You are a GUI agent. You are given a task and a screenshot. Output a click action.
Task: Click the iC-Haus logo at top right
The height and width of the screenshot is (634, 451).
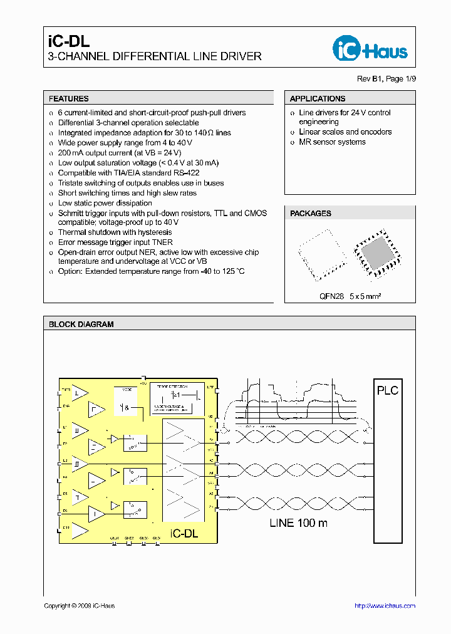370,49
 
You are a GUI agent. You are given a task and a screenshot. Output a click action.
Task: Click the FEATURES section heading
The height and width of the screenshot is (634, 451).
69,98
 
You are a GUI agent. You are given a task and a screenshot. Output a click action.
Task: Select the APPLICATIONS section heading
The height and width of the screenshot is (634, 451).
318,98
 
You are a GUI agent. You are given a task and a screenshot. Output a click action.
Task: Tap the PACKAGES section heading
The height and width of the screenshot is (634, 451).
311,214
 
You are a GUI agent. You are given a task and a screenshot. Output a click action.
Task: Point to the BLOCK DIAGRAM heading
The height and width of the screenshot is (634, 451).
81,325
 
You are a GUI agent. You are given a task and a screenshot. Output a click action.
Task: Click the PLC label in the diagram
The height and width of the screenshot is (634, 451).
387,390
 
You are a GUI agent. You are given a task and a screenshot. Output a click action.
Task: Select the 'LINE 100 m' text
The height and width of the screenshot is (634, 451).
298,522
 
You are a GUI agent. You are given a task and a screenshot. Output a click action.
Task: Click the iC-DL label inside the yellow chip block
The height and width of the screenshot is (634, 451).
184,533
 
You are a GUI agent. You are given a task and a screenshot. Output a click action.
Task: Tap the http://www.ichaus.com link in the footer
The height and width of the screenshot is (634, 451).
385,606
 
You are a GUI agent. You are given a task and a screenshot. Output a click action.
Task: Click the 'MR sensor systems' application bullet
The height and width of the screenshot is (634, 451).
332,142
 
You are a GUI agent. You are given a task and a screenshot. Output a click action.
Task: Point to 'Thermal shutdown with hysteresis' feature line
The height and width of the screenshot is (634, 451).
115,232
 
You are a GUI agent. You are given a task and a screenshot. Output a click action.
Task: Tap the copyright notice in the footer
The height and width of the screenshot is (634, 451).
79,606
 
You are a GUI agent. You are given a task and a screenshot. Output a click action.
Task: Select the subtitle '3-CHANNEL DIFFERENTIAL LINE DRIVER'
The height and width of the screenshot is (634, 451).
155,56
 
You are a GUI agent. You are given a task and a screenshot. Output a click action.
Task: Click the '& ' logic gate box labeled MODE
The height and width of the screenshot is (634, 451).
128,407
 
